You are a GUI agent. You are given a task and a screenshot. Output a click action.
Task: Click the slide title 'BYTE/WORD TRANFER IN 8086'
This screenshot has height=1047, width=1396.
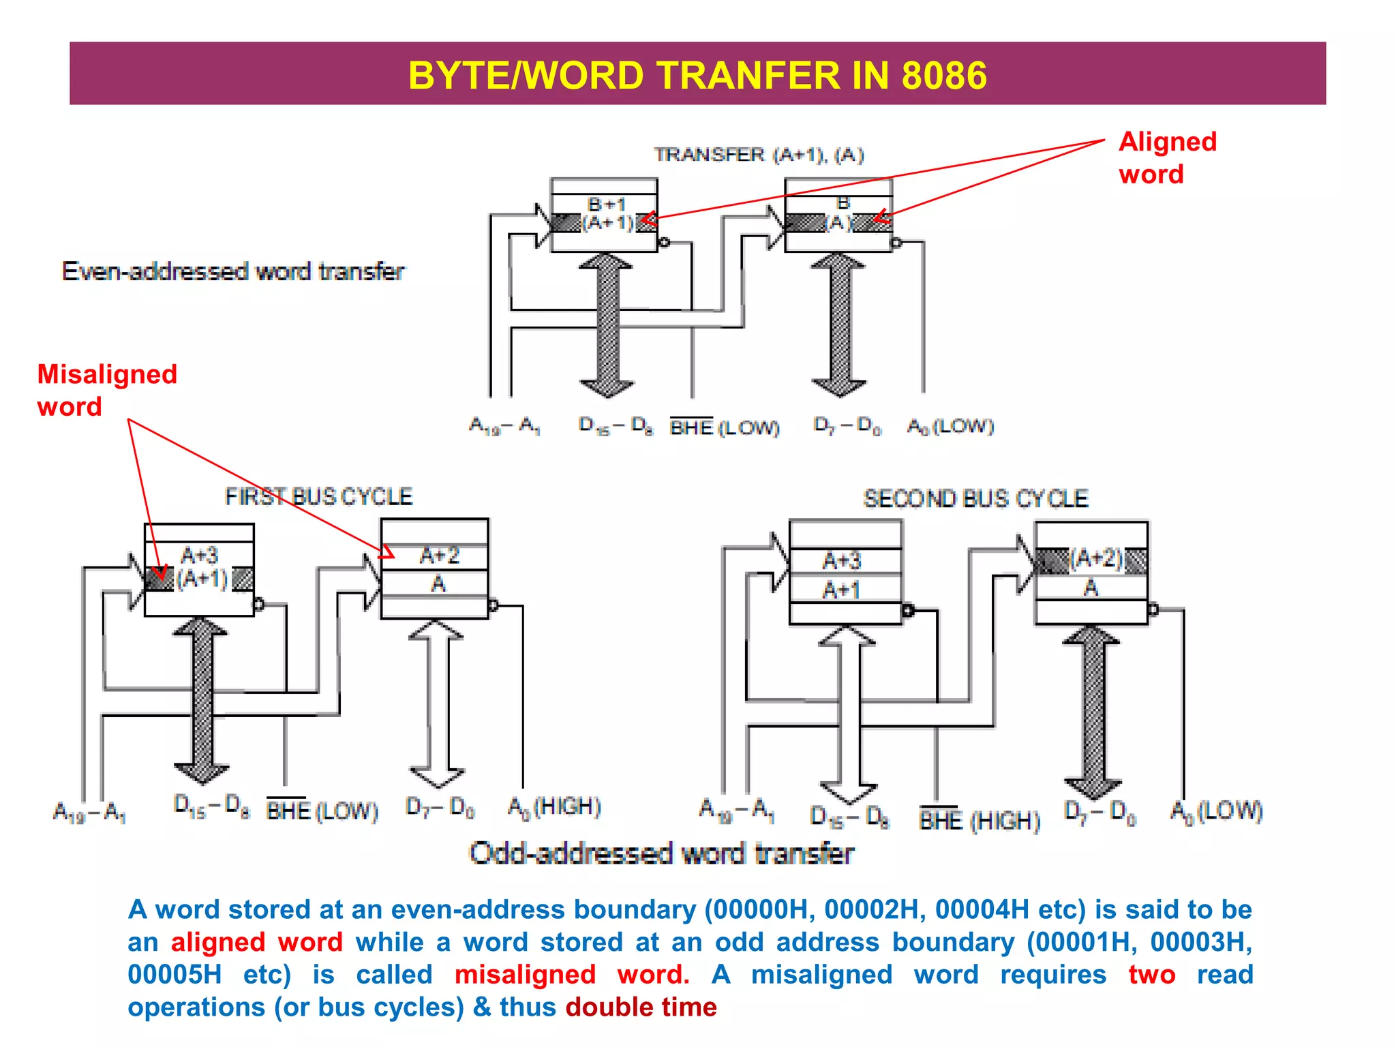pyautogui.click(x=697, y=75)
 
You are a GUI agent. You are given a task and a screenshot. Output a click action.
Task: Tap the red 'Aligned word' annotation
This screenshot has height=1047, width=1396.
pyautogui.click(x=1167, y=158)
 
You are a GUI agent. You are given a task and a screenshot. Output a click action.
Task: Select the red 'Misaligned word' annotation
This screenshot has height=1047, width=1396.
pyautogui.click(x=107, y=391)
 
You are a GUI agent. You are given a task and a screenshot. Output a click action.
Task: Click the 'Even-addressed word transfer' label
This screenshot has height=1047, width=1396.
pyautogui.click(x=233, y=271)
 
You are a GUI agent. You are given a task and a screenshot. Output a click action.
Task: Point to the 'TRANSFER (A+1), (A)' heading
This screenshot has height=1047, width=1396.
pyautogui.click(x=759, y=155)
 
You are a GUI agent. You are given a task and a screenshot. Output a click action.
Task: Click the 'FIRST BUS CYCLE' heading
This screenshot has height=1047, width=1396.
pyautogui.click(x=319, y=496)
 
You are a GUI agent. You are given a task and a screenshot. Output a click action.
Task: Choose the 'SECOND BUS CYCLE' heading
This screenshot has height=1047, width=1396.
pyautogui.click(x=975, y=499)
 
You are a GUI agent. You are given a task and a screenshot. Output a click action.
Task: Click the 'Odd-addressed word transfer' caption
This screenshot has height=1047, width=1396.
pyautogui.click(x=661, y=853)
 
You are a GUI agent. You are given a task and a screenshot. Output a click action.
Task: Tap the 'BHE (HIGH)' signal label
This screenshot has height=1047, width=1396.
pyautogui.click(x=980, y=821)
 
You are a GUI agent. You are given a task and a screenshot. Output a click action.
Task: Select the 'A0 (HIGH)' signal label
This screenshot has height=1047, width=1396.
pyautogui.click(x=554, y=807)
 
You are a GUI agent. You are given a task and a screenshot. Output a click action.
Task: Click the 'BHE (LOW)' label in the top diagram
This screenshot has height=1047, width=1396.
pyautogui.click(x=725, y=427)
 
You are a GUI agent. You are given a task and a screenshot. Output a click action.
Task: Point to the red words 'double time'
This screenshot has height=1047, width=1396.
pyautogui.click(x=641, y=1007)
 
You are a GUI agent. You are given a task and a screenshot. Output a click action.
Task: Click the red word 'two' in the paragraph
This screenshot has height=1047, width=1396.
pyautogui.click(x=1151, y=975)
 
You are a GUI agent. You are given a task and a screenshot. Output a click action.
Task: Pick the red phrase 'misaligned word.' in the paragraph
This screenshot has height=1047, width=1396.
pyautogui.click(x=572, y=975)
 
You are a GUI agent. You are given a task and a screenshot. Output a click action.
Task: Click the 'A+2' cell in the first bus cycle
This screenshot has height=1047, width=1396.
pyautogui.click(x=439, y=556)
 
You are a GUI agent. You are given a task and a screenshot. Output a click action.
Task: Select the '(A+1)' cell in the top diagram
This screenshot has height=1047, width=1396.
pyautogui.click(x=607, y=223)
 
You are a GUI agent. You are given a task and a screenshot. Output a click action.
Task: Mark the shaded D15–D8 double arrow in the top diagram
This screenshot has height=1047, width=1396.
pyautogui.click(x=606, y=325)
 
